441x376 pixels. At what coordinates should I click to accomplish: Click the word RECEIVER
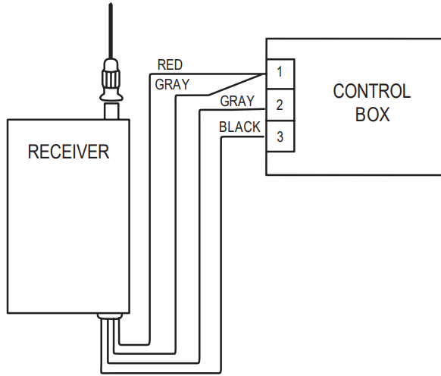tap(68, 152)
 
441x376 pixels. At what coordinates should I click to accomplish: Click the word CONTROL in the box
tap(371, 92)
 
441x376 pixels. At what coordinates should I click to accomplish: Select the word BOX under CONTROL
tap(372, 114)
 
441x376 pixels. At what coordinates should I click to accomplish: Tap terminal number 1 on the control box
tap(280, 73)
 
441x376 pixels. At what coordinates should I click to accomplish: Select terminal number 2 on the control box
tap(280, 105)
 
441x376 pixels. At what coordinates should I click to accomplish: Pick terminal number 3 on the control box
tap(280, 137)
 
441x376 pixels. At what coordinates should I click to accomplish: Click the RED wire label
tap(170, 64)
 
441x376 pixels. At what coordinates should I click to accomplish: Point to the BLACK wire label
tap(239, 127)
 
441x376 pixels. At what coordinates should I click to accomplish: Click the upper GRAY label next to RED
tap(172, 83)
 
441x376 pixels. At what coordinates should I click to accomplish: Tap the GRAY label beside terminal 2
tap(237, 101)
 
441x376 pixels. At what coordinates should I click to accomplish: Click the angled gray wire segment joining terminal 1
tap(235, 84)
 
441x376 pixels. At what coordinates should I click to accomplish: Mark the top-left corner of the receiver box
tap(8, 119)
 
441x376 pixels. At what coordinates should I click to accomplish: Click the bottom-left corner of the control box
tap(266, 174)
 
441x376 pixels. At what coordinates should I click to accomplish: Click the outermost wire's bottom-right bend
tap(219, 371)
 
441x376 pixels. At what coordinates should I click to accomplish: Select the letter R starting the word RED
tap(160, 64)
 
